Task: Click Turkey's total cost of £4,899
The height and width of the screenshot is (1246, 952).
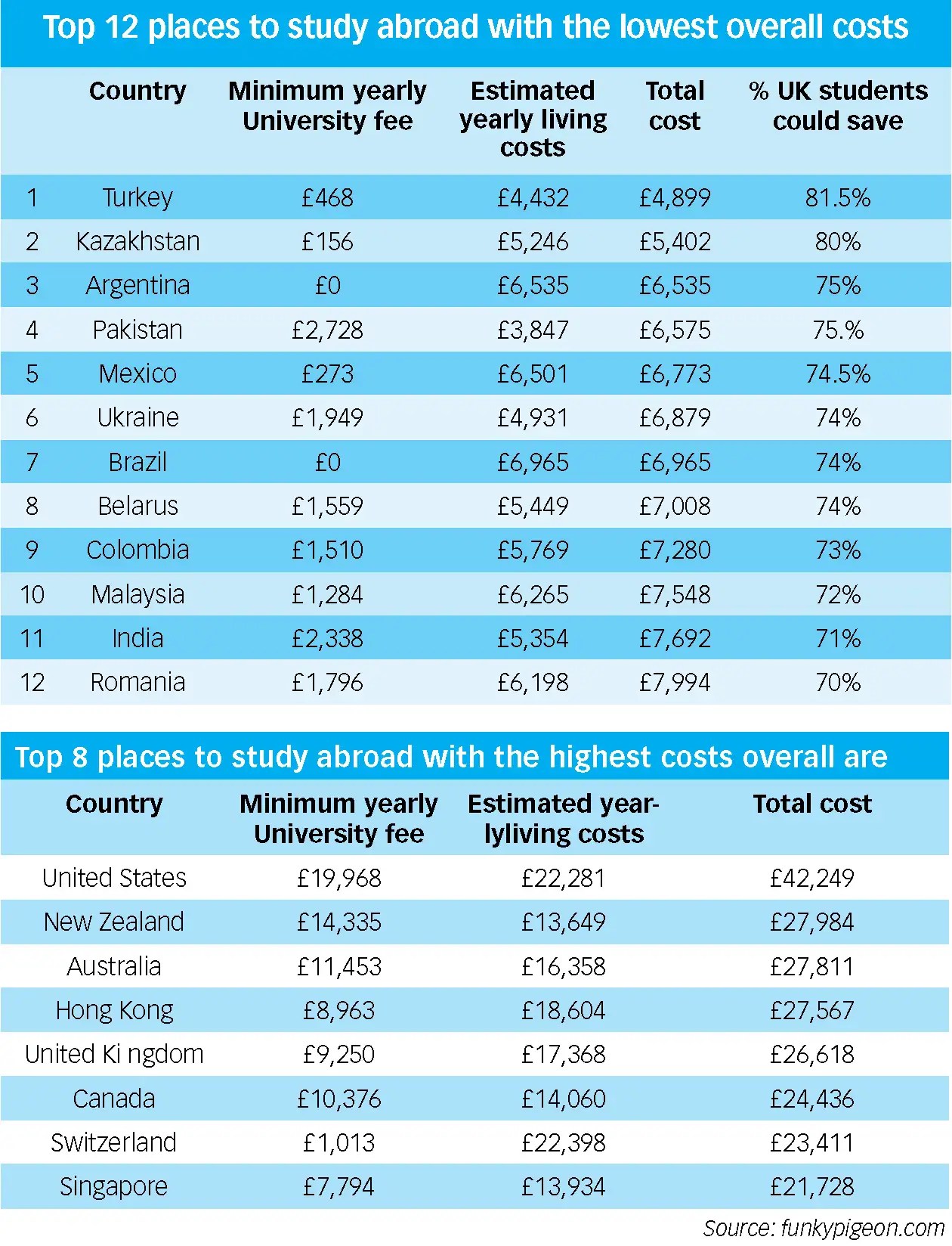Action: (675, 198)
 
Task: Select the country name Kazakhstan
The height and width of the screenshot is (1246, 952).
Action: (138, 242)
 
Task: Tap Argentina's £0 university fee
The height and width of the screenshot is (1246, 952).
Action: (328, 286)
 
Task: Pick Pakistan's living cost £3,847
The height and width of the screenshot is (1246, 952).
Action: (533, 330)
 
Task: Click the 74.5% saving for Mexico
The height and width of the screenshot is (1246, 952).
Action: (838, 374)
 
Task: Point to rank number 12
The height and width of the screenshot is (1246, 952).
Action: (32, 683)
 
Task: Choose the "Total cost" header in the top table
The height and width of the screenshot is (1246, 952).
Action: (675, 106)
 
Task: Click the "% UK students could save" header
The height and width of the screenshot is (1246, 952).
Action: (838, 106)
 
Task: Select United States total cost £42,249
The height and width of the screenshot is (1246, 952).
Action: (812, 879)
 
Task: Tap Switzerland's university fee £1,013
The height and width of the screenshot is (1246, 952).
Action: (339, 1143)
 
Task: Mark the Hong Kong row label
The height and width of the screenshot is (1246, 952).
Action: (114, 1011)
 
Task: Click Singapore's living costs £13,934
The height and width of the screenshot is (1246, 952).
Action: (564, 1187)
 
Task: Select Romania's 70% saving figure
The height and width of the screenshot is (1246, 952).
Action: (838, 683)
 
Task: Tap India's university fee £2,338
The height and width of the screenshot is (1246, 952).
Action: (328, 639)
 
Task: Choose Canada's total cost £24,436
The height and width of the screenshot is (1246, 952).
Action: (812, 1099)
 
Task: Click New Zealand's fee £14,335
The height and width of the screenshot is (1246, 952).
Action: (339, 922)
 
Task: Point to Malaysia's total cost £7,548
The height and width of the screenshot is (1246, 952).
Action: (675, 595)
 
